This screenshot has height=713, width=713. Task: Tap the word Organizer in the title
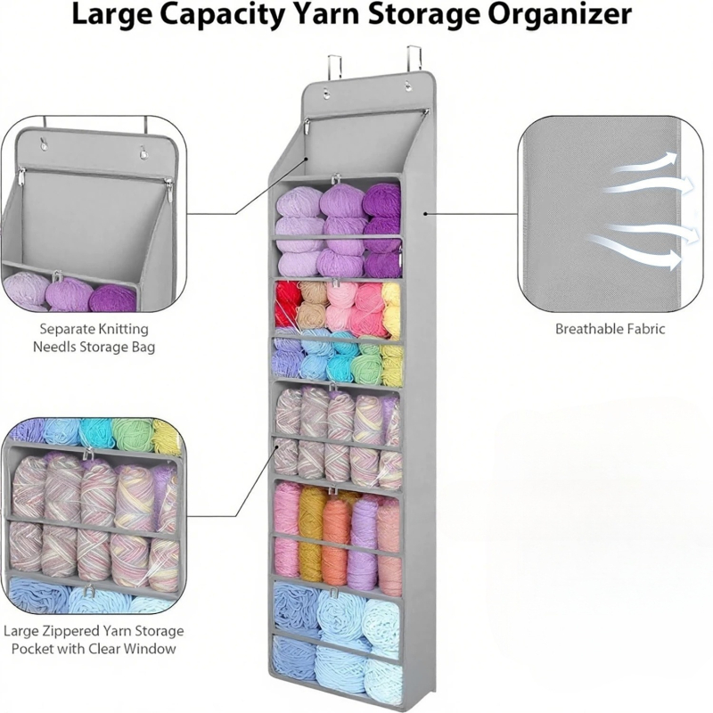[562, 15]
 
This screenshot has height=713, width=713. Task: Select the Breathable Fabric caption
[610, 329]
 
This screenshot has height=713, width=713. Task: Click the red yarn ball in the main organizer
[287, 303]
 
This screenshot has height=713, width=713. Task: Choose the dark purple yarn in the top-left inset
[113, 296]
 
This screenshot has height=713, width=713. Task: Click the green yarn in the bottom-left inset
[132, 434]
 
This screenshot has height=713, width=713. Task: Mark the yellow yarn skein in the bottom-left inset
[166, 437]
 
